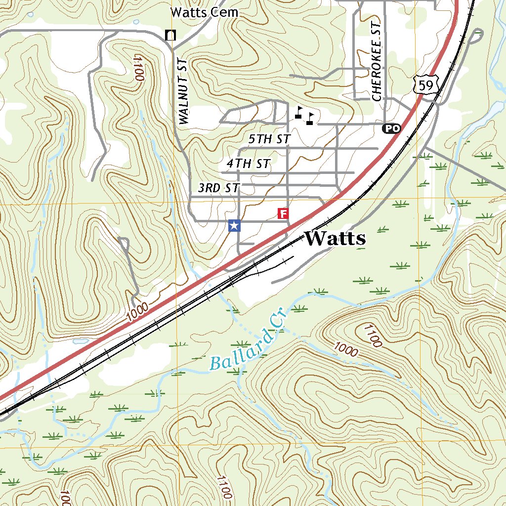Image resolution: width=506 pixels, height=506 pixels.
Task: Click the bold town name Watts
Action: click(336, 239)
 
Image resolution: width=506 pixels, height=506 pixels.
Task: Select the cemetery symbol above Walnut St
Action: click(170, 35)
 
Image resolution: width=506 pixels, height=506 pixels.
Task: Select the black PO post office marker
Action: click(391, 128)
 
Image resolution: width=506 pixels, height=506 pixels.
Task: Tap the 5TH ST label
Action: click(269, 139)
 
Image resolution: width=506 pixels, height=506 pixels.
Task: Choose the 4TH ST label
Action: click(249, 163)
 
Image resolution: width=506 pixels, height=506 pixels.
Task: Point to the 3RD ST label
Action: click(218, 188)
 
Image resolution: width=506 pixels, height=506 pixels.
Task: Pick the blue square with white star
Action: click(235, 226)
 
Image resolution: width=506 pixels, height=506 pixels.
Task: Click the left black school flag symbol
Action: click(298, 112)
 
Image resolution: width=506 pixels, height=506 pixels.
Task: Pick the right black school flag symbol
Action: click(310, 118)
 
